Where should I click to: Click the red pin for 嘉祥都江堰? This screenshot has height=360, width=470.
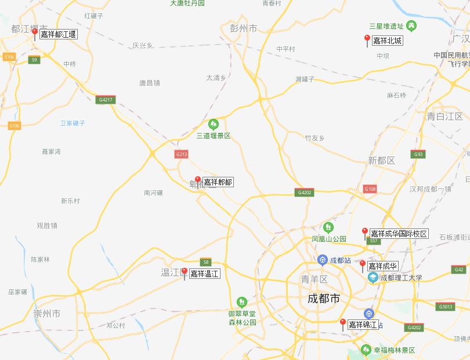(x=35, y=33)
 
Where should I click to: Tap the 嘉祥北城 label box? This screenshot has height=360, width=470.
(x=387, y=41)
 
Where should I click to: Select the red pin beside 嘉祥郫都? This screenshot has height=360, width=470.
(x=198, y=180)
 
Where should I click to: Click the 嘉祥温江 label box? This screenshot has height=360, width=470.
(x=204, y=274)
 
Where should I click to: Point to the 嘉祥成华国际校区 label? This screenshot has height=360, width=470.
(x=399, y=234)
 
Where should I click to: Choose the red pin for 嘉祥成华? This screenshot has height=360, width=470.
(x=363, y=264)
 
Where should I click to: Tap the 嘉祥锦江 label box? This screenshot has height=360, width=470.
(x=362, y=325)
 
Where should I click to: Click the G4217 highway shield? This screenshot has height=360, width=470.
(x=106, y=100)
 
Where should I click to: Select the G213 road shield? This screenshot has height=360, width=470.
(x=182, y=154)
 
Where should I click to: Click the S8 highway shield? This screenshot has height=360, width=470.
(x=205, y=261)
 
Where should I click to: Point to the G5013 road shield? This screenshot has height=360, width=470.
(x=446, y=307)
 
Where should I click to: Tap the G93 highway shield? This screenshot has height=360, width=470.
(x=418, y=154)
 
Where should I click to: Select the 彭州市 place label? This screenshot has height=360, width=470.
(x=243, y=27)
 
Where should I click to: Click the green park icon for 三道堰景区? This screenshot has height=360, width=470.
(x=214, y=124)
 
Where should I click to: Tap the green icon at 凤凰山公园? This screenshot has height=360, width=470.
(x=328, y=227)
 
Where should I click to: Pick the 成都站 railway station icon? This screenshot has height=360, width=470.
(x=322, y=260)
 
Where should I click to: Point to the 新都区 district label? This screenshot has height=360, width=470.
(x=381, y=160)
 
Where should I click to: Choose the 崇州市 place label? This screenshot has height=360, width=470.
(x=47, y=314)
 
